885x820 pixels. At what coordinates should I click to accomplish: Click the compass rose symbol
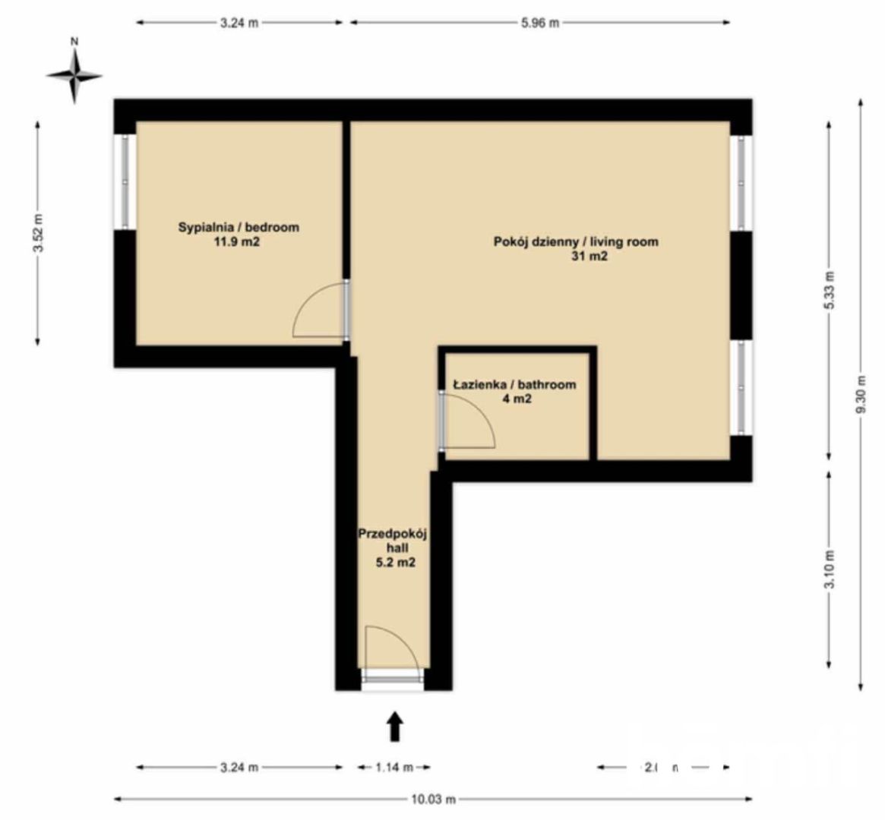point(74,74)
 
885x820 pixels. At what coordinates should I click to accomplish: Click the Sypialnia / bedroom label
point(239,227)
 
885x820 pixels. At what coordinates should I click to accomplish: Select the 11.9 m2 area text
point(239,242)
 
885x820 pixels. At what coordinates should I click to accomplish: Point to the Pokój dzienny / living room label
point(576,242)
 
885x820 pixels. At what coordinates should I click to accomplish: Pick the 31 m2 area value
point(590,257)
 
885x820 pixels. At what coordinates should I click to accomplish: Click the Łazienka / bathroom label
point(514,385)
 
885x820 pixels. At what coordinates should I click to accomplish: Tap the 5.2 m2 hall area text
point(393,563)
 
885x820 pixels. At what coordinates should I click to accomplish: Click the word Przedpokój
point(393,534)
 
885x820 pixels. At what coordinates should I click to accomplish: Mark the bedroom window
point(125,181)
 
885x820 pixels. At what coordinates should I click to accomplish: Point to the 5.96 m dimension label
point(539,23)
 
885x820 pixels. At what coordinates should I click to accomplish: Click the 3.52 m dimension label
point(38,235)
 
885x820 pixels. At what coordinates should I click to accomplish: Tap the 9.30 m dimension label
point(860,395)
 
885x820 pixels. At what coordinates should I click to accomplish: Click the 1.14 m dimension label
point(394,768)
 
